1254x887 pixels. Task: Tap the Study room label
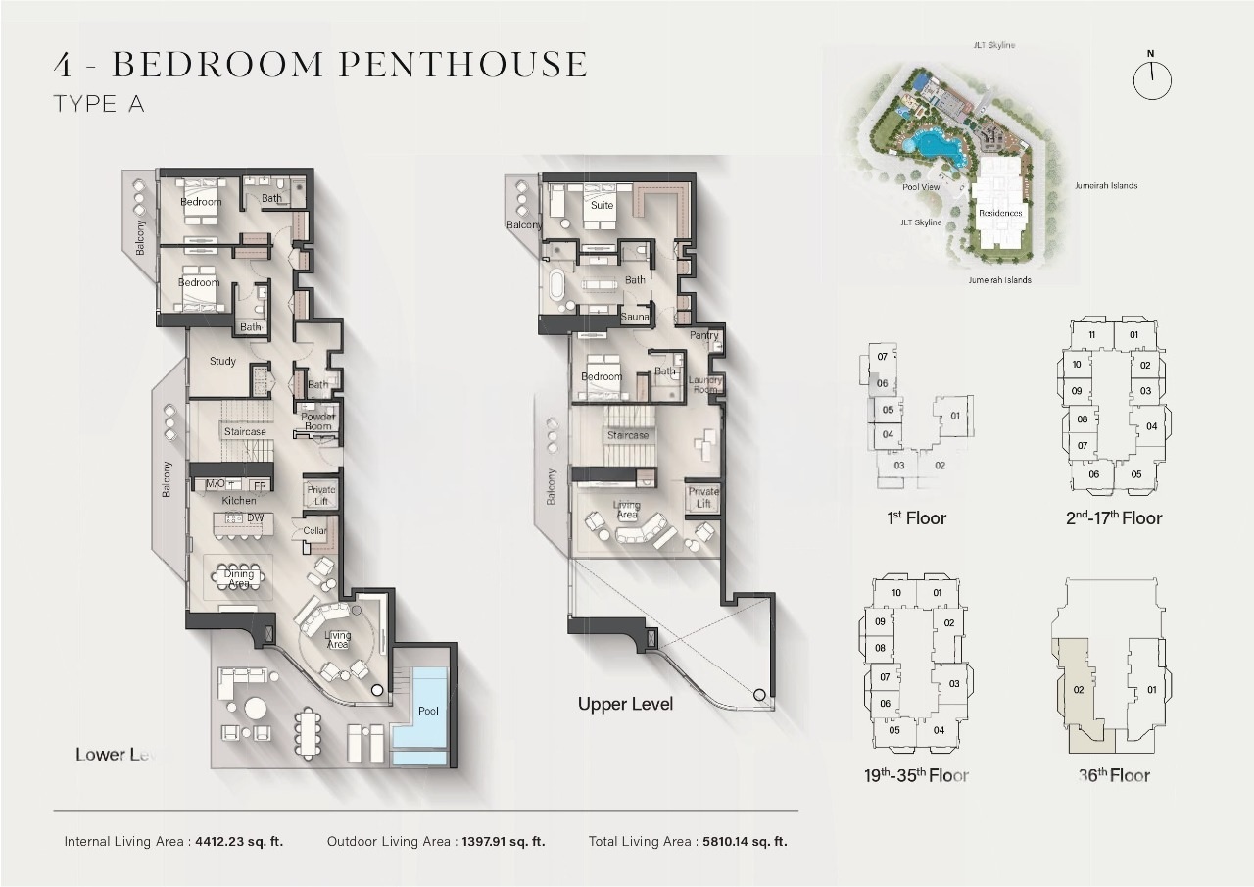(x=222, y=361)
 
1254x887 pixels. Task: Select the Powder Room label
(x=317, y=421)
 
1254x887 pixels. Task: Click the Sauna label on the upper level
(x=635, y=318)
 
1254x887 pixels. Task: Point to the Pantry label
(x=703, y=335)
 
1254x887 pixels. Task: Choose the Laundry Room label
(x=705, y=384)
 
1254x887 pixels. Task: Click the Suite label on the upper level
(x=602, y=205)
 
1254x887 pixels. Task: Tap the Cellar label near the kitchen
(x=315, y=531)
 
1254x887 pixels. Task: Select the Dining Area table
(x=238, y=577)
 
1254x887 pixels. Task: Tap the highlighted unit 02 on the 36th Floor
(x=1078, y=689)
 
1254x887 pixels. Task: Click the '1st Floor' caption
(x=916, y=517)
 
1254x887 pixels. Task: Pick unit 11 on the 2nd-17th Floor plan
(x=1091, y=335)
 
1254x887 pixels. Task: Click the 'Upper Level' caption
(x=625, y=704)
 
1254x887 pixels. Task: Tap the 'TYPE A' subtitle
(x=99, y=104)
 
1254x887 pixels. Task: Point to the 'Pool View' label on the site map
(x=921, y=186)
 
